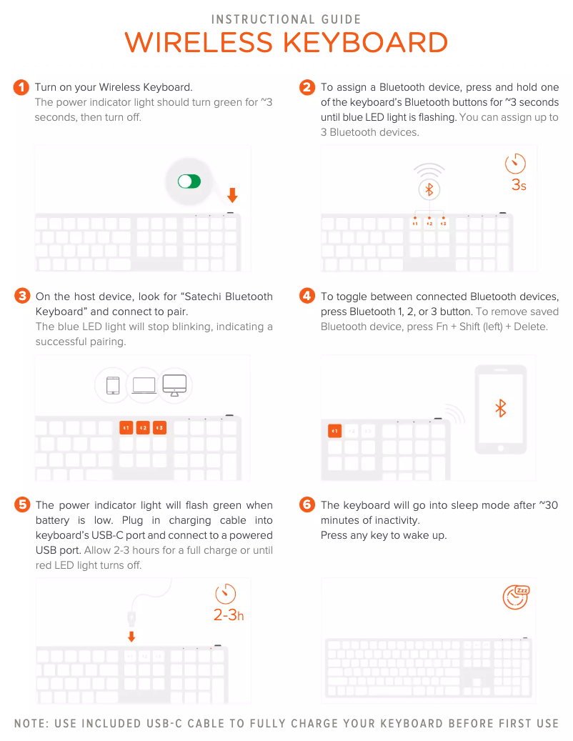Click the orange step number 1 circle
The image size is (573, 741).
pos(21,87)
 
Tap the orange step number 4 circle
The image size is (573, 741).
pos(307,296)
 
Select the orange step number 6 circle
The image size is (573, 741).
pos(307,504)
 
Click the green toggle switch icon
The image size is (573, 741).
pos(189,181)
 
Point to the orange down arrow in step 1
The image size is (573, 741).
pos(232,194)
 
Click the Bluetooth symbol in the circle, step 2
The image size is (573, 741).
pos(429,189)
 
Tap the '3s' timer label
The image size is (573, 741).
pos(519,185)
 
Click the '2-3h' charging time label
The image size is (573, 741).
pos(229,615)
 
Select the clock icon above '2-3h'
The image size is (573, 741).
pos(225,594)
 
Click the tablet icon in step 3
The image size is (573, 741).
pos(113,386)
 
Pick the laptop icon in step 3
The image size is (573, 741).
pos(144,386)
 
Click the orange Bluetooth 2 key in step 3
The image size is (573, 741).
pos(143,428)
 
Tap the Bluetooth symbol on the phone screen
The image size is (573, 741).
pos(501,408)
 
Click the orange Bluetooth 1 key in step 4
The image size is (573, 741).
pos(334,431)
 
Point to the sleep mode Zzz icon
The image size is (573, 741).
pos(516,597)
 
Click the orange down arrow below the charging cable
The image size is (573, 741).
pos(131,637)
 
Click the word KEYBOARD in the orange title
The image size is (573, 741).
pos(365,43)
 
